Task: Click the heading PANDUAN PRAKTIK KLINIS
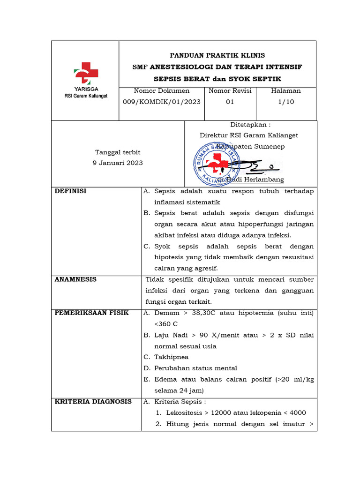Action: point(217,55)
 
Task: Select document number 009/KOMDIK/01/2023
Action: point(162,102)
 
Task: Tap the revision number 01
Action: point(230,102)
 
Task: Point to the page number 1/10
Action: point(286,102)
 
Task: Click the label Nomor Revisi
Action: point(230,91)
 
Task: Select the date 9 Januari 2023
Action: point(118,163)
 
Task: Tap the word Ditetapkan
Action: point(250,125)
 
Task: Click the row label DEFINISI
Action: point(70,191)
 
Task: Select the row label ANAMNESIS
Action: point(75,279)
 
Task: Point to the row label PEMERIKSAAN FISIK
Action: point(91,313)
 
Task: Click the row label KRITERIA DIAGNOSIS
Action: point(93,402)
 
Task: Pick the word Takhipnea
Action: point(171,357)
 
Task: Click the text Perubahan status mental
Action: point(195,368)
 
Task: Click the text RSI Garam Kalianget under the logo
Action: point(86,96)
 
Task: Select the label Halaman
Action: point(286,91)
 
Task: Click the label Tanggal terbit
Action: point(118,152)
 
